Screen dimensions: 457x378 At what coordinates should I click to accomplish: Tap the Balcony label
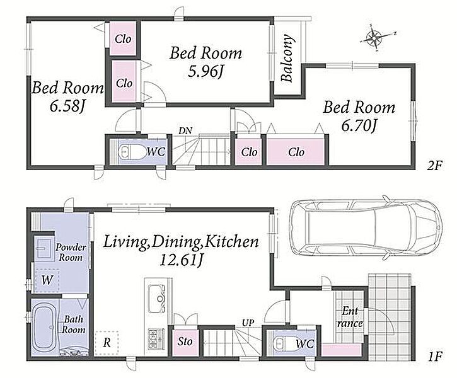click(287, 58)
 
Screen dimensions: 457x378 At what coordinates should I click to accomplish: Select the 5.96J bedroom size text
click(205, 71)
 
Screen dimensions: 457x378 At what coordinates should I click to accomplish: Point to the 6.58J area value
click(67, 106)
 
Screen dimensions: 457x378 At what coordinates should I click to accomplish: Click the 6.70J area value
click(359, 126)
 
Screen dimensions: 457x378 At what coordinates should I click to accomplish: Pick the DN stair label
click(185, 131)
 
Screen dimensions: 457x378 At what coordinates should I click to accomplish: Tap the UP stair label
click(248, 323)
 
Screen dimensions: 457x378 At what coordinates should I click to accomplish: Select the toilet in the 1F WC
click(284, 343)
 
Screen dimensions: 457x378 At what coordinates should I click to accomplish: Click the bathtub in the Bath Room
click(45, 328)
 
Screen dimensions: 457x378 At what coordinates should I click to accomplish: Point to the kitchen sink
click(157, 297)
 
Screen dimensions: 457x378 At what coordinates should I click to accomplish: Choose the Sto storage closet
click(185, 342)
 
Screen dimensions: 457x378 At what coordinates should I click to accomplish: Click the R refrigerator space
click(107, 343)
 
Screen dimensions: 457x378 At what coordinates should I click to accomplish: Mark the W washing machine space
click(47, 280)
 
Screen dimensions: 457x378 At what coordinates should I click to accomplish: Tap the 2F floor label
click(434, 166)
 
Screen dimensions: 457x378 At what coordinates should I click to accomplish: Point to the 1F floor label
click(435, 357)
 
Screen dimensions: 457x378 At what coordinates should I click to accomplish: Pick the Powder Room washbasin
click(44, 248)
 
